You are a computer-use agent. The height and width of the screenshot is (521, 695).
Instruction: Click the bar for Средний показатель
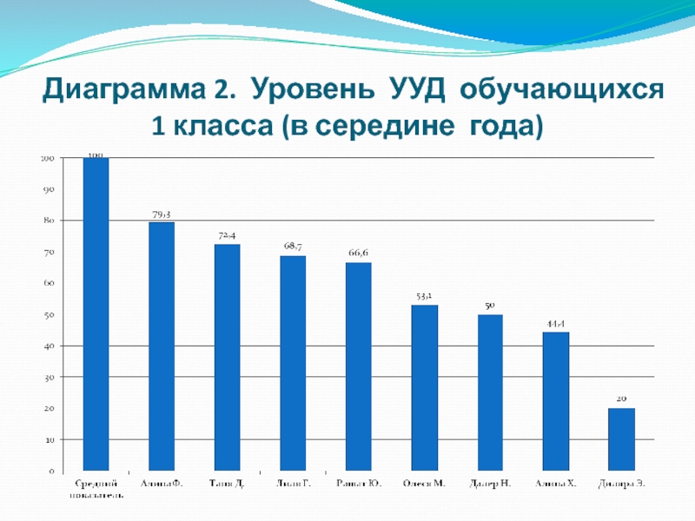point(96,314)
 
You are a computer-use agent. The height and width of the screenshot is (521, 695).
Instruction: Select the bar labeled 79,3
point(162,347)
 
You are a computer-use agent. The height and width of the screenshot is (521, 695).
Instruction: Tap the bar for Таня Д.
point(227,358)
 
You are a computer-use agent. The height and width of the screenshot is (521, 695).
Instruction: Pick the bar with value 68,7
point(293,364)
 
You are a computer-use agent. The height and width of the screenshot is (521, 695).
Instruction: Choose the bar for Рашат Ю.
point(358,367)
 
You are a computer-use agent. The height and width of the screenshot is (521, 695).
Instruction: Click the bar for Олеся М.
point(424,388)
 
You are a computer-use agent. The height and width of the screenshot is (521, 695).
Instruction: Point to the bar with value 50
point(490,393)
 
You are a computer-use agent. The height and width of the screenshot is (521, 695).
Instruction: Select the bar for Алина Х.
point(555,402)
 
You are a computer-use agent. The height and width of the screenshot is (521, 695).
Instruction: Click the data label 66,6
point(359,253)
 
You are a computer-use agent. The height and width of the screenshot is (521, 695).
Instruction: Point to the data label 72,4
point(228,235)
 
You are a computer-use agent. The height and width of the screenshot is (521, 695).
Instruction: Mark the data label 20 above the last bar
point(621,399)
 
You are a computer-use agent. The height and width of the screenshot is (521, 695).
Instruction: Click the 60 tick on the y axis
point(49,284)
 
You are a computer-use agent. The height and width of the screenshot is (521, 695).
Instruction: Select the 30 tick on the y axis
point(49,378)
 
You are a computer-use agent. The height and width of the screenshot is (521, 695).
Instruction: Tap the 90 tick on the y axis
point(49,189)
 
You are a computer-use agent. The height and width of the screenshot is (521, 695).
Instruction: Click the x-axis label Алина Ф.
point(162,483)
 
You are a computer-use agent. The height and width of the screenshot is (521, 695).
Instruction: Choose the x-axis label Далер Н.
point(490,483)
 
